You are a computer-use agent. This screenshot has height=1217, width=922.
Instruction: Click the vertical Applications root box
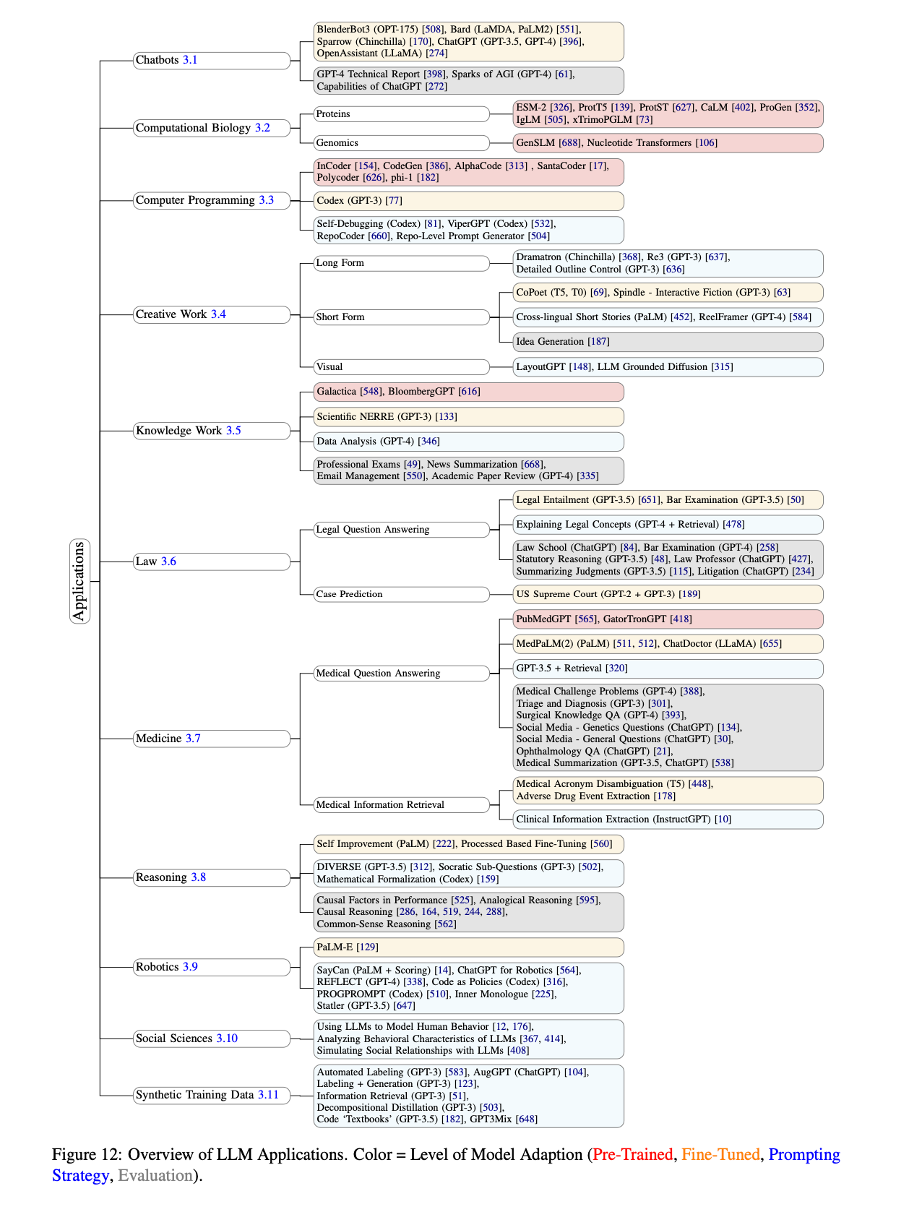(x=79, y=581)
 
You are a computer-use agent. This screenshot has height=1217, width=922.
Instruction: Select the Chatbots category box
(x=211, y=61)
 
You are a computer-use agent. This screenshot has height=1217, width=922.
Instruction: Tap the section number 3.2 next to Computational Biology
(x=262, y=128)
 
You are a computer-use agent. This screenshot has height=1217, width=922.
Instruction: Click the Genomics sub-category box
(x=401, y=143)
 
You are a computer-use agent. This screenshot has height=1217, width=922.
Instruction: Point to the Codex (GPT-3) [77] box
(x=468, y=201)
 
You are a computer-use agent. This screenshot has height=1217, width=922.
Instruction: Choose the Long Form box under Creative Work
(x=401, y=263)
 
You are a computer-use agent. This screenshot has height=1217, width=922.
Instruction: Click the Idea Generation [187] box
(x=668, y=342)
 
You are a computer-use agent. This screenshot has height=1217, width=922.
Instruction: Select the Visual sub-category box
(x=401, y=367)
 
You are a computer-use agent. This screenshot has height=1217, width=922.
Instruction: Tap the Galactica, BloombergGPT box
(x=468, y=392)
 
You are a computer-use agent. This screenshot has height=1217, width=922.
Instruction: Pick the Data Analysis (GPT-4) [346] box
(x=468, y=442)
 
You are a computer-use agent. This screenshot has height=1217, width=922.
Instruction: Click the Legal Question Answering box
(x=401, y=530)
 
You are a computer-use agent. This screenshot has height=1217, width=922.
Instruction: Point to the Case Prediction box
(x=401, y=594)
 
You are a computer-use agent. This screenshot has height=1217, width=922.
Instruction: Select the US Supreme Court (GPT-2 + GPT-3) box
(x=668, y=594)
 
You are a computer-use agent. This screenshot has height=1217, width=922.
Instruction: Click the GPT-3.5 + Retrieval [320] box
(x=668, y=668)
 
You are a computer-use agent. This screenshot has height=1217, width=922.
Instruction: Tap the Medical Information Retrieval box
(x=401, y=805)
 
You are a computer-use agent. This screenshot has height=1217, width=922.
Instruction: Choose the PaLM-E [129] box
(x=468, y=947)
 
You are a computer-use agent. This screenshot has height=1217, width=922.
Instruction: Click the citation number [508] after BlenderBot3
(x=433, y=30)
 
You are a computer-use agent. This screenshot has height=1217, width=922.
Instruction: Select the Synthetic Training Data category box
(x=211, y=1096)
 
